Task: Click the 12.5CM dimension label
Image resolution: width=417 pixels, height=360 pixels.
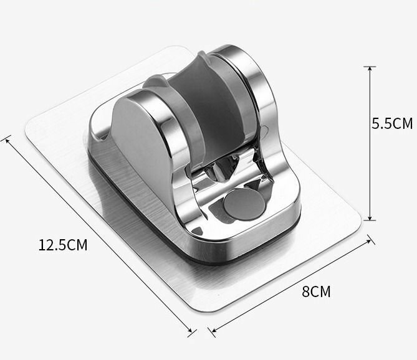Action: [63, 245]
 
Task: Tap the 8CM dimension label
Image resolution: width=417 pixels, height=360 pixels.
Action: [316, 291]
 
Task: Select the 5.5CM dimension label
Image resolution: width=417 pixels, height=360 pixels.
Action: [392, 123]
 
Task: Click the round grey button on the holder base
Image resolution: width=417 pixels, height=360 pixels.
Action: [244, 204]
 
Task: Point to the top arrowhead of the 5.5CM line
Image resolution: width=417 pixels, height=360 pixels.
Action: [370, 69]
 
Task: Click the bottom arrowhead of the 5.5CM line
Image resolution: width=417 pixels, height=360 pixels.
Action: [370, 218]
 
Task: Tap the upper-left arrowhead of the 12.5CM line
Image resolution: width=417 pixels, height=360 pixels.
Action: [7, 140]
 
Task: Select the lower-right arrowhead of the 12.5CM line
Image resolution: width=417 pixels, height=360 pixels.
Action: [189, 330]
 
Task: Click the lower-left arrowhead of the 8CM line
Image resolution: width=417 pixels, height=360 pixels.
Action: [214, 330]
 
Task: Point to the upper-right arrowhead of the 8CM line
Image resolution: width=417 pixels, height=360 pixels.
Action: [368, 241]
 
